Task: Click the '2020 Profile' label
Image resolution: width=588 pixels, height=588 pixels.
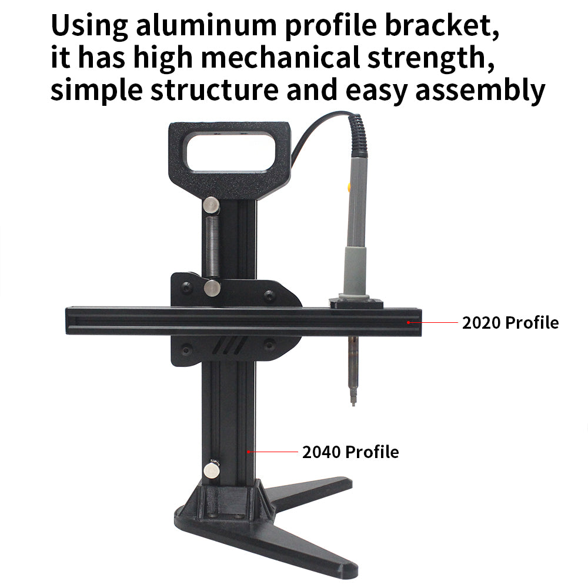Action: click(x=510, y=323)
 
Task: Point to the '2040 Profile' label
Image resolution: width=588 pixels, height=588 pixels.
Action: click(x=350, y=452)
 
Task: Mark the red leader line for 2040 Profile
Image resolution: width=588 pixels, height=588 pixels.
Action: click(x=273, y=452)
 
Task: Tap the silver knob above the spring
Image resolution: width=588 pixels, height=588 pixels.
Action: click(x=211, y=205)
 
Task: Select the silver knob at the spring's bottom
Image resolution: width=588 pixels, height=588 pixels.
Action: click(x=212, y=287)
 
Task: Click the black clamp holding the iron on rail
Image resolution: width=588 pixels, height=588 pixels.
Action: click(x=356, y=303)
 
